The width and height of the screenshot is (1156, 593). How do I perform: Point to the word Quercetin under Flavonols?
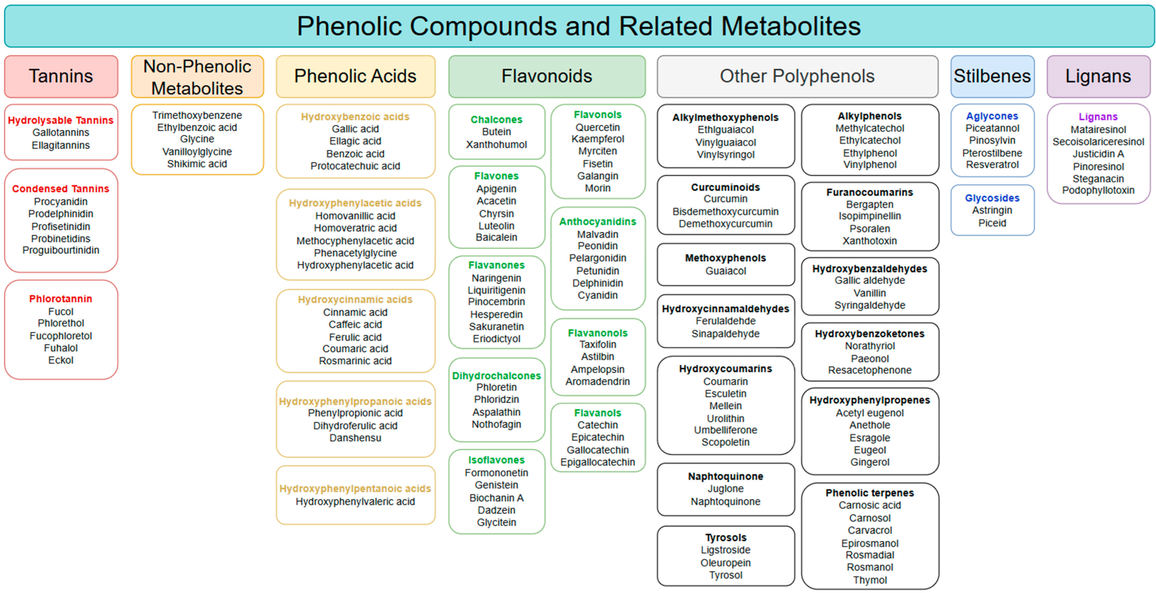tap(597, 128)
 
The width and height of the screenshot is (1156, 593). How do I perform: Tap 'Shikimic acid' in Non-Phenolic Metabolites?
tap(197, 164)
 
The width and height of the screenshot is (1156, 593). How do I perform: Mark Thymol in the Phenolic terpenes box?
tap(870, 580)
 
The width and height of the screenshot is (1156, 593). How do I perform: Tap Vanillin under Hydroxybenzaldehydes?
tap(870, 293)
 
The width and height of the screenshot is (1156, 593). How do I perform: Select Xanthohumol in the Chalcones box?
tap(496, 144)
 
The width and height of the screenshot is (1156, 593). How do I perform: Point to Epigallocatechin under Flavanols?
tap(597, 462)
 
